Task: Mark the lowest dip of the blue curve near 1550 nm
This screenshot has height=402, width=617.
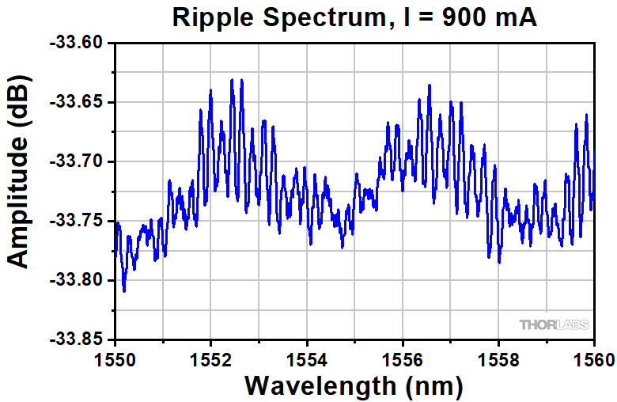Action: pos(124,290)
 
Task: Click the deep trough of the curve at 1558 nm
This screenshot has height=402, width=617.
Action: pos(499,261)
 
